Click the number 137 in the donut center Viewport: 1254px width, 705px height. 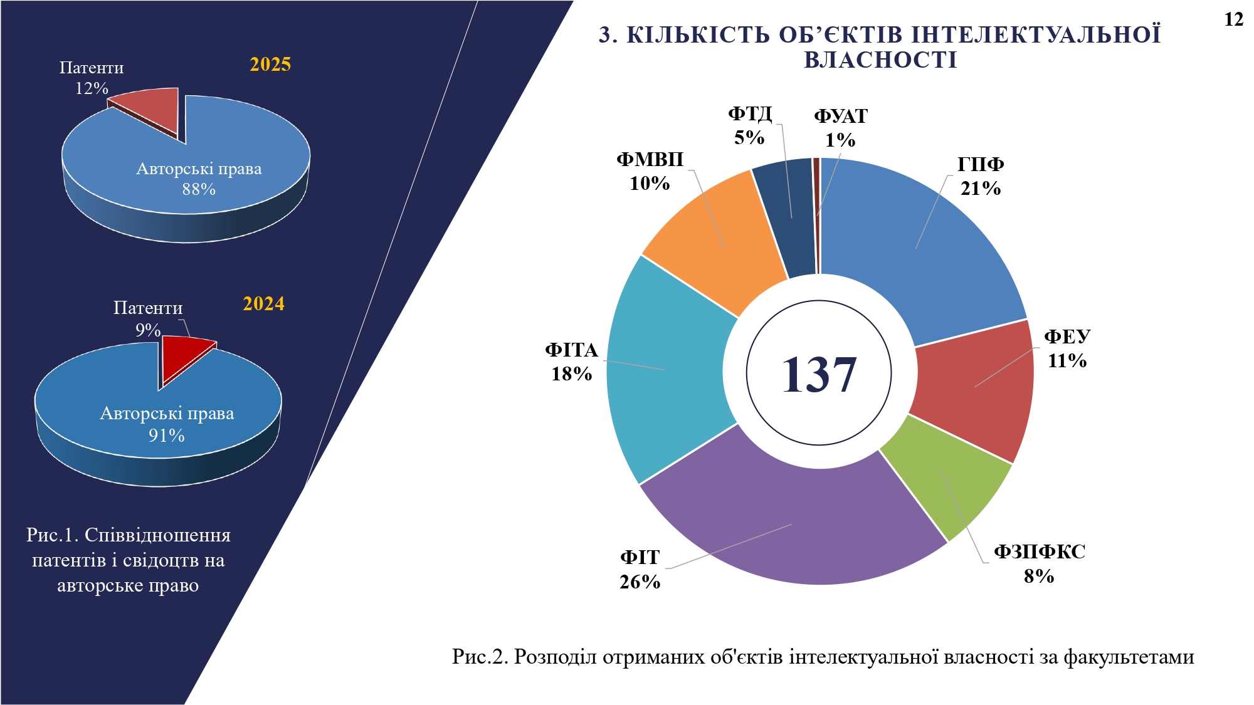tap(819, 375)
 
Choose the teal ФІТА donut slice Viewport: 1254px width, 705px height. tap(665, 370)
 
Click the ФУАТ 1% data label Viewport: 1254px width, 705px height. tap(840, 128)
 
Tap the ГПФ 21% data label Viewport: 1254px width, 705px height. tap(981, 177)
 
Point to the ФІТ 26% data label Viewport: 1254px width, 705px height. tap(640, 570)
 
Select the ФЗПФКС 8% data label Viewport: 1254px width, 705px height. tap(1040, 564)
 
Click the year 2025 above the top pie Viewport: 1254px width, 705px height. tap(270, 65)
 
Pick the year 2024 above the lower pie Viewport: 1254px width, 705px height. tap(263, 304)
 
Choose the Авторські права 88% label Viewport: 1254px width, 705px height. tap(199, 179)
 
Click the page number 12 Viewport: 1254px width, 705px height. tap(1233, 20)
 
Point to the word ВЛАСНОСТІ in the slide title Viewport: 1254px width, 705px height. tap(880, 60)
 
